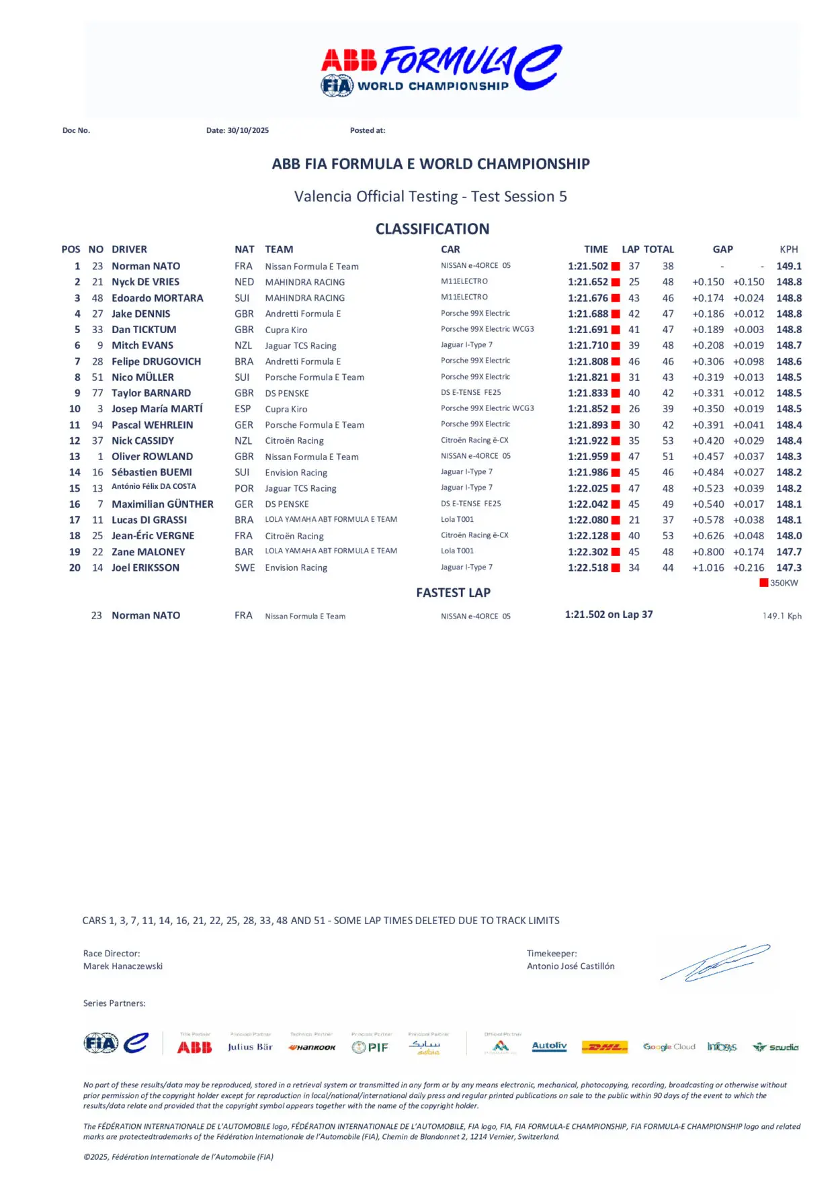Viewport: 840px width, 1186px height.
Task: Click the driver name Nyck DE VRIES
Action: [145, 282]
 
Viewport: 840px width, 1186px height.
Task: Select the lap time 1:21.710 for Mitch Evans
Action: [588, 345]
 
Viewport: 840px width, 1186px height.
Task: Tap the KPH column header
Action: [788, 249]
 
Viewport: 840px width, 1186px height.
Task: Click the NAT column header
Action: [244, 249]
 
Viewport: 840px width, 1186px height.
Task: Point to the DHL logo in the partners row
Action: [605, 1047]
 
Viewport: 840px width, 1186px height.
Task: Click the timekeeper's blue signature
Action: [715, 963]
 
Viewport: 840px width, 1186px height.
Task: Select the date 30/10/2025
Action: [248, 130]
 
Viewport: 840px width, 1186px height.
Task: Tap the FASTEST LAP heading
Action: [453, 592]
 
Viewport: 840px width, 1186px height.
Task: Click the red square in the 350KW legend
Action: [763, 583]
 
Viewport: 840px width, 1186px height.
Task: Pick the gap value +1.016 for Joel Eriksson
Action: [708, 567]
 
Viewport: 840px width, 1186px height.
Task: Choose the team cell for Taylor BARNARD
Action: [287, 393]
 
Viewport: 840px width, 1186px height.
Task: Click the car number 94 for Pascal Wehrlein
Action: [97, 425]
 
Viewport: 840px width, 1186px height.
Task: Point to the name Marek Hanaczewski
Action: [123, 966]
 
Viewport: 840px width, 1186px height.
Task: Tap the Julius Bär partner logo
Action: [250, 1047]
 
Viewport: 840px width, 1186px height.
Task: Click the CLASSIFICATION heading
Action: [432, 229]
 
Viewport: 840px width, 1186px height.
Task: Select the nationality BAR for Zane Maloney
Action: [244, 552]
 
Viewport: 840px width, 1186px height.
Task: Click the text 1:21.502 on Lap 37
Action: [608, 614]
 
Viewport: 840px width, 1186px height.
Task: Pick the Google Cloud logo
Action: [669, 1047]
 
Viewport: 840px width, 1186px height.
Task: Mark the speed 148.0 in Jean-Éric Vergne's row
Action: [789, 536]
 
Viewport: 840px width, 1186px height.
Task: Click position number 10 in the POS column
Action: [75, 409]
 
